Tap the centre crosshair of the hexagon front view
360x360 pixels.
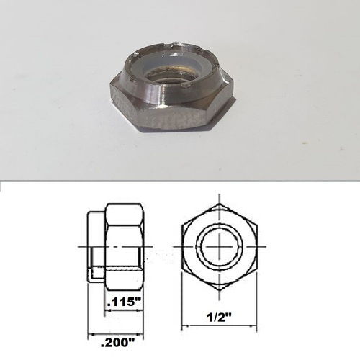point(219,248)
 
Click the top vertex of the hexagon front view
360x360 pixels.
point(219,202)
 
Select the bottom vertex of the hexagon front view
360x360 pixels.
point(219,294)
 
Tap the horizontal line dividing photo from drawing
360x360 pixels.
point(180,182)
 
